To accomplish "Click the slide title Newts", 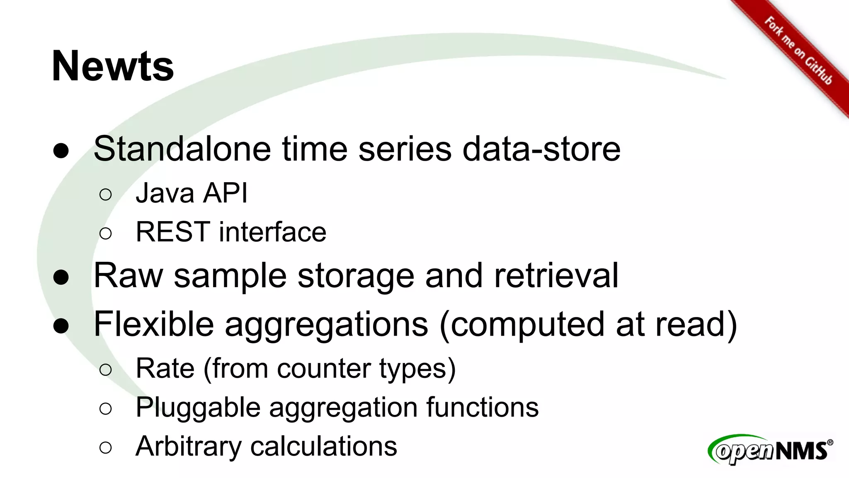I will coord(112,66).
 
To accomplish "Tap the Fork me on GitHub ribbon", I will coord(798,50).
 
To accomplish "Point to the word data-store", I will coord(541,149).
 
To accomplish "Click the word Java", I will coord(165,193).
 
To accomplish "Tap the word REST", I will coord(173,232).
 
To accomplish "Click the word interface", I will coord(272,232).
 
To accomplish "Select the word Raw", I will coord(128,276).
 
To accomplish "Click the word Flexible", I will coord(154,324).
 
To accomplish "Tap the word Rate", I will coord(165,368).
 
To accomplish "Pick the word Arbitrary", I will coord(188,447).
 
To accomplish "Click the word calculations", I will coord(324,446).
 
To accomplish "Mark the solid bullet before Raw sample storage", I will coord(61,277).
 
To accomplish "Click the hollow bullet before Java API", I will coord(106,194).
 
